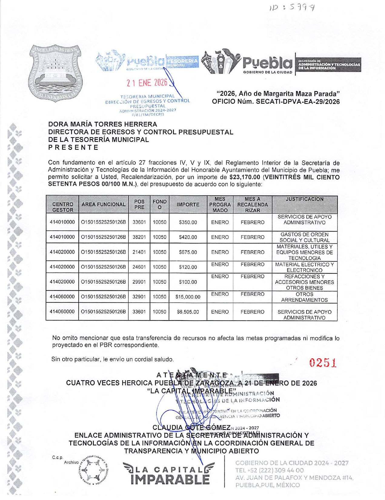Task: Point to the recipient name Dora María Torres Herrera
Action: pyautogui.click(x=103, y=124)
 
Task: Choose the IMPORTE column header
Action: pyautogui.click(x=188, y=205)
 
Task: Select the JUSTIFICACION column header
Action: pyautogui.click(x=304, y=199)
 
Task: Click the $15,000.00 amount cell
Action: pyautogui.click(x=188, y=297)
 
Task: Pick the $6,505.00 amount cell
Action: pyautogui.click(x=188, y=312)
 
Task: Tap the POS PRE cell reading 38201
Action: pyautogui.click(x=139, y=237)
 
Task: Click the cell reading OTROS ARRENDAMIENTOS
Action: pyautogui.click(x=304, y=297)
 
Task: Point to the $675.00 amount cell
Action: pyautogui.click(x=188, y=252)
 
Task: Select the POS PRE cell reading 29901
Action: pyautogui.click(x=139, y=282)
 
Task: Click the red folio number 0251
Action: pyautogui.click(x=323, y=362)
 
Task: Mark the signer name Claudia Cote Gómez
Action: pyautogui.click(x=191, y=427)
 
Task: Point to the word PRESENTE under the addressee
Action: pyautogui.click(x=73, y=147)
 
